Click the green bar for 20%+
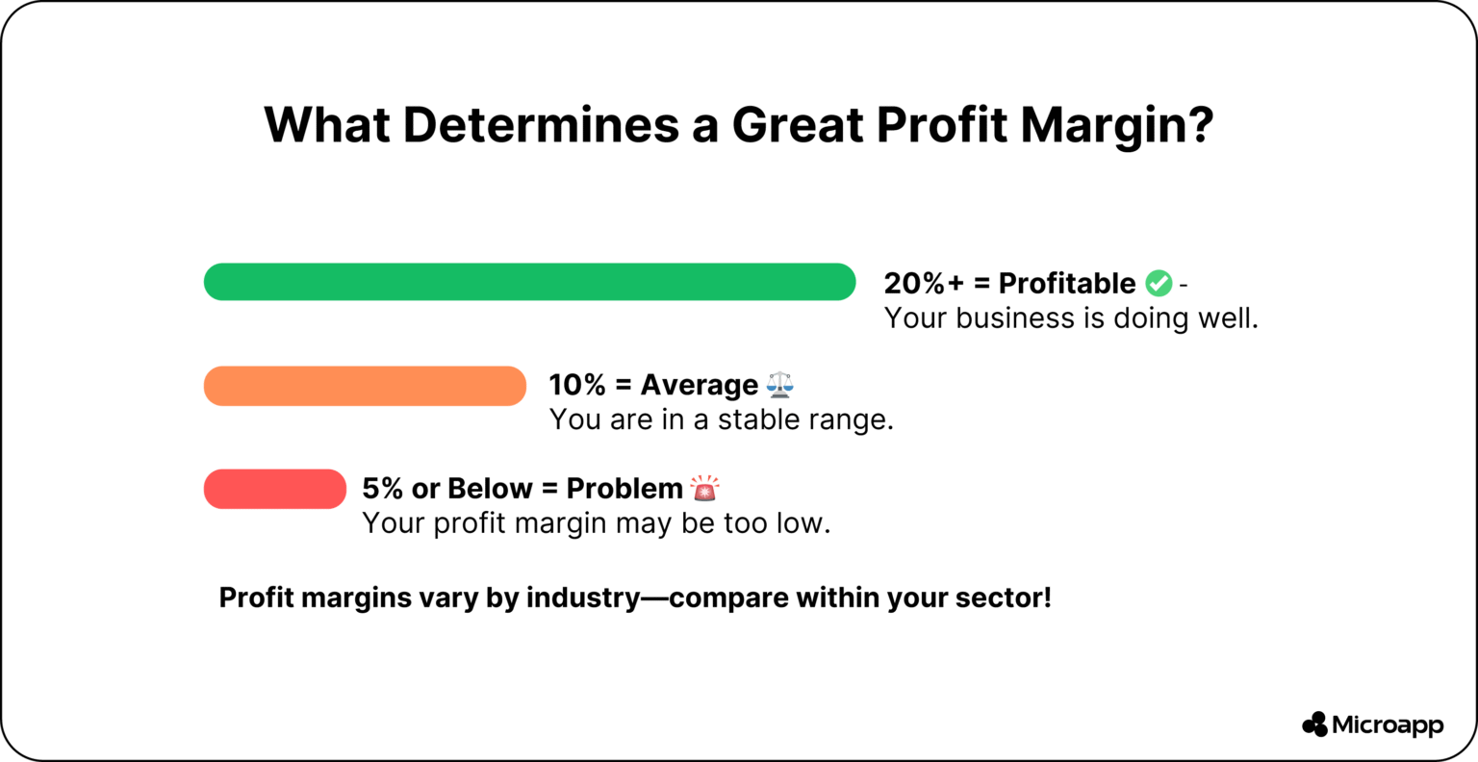click(529, 282)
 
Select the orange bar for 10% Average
click(365, 386)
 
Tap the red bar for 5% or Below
click(274, 489)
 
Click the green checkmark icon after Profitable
click(1159, 283)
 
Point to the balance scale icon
click(780, 385)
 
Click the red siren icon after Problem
click(704, 489)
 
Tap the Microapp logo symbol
click(1314, 724)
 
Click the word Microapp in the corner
click(1388, 725)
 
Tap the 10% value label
click(577, 385)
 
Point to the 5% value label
click(382, 489)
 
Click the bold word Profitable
click(1067, 283)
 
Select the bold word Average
click(700, 385)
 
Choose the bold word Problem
click(624, 489)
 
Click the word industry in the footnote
click(583, 597)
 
